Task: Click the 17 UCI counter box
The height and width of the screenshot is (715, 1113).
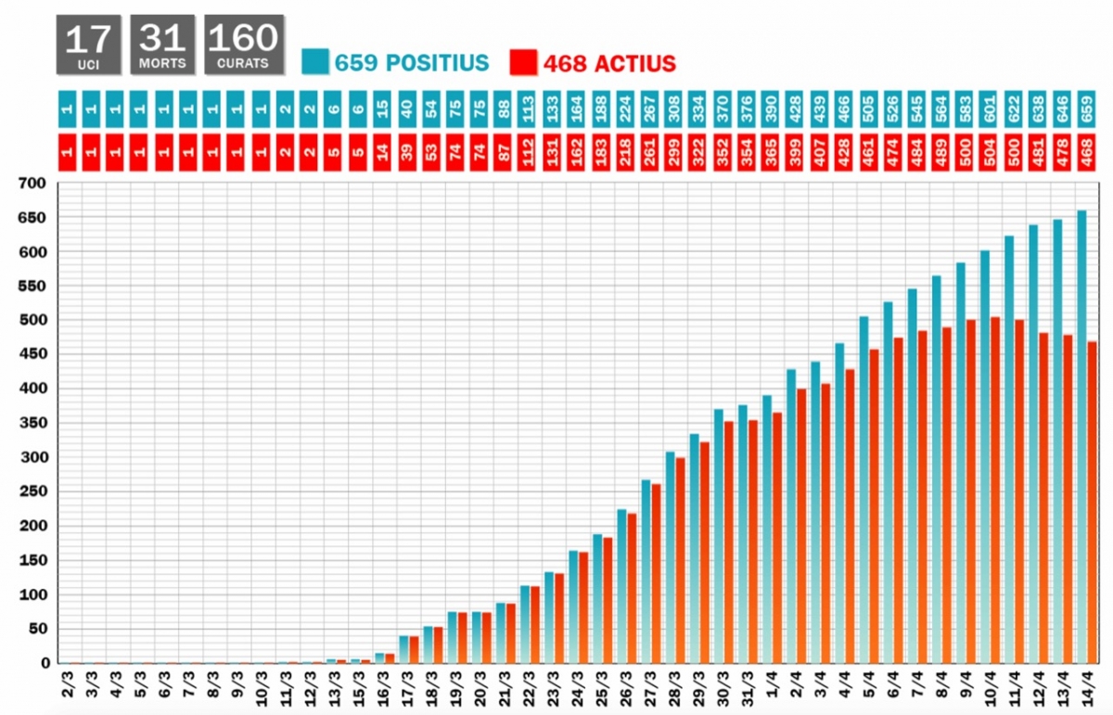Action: tap(89, 45)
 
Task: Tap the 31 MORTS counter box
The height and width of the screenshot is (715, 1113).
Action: tap(163, 45)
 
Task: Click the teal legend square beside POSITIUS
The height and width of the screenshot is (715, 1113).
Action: tap(314, 62)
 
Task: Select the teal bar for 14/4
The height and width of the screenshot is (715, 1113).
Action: tap(1081, 436)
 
